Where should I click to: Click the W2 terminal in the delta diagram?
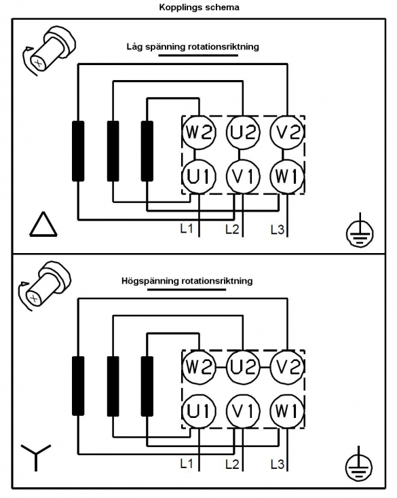(x=199, y=132)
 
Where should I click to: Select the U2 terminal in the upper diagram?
(x=243, y=132)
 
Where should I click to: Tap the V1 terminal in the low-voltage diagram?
(x=243, y=176)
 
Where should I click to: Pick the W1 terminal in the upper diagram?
(x=287, y=176)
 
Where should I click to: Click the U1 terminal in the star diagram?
(x=199, y=411)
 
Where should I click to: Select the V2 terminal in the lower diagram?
(x=287, y=367)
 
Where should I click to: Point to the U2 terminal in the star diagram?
(x=243, y=367)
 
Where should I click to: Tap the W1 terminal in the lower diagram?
(x=287, y=411)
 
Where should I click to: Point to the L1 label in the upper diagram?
(x=186, y=229)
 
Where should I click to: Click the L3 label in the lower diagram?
(x=278, y=464)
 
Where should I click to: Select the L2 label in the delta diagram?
(x=232, y=229)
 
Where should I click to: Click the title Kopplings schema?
(x=199, y=7)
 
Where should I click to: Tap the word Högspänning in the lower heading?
(x=150, y=281)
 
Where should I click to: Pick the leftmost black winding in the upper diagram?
(x=78, y=151)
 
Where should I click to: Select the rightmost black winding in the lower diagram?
(x=147, y=386)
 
